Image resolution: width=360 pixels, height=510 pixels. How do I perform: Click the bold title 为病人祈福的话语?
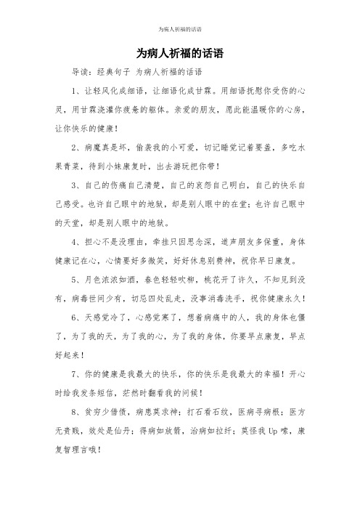coord(179,54)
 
